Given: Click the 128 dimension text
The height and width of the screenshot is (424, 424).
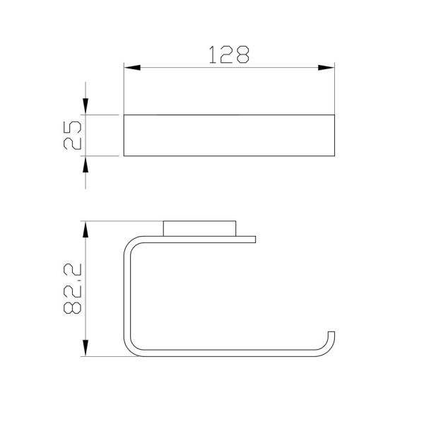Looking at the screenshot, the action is coord(229,54).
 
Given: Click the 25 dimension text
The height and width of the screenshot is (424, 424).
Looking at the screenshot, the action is coord(72,135).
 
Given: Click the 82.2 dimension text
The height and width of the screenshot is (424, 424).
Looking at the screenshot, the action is coord(72,288).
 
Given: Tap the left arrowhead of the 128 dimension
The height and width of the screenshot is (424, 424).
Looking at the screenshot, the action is coord(132,68).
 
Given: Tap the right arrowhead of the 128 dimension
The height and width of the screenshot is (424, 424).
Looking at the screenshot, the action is coord(326,68).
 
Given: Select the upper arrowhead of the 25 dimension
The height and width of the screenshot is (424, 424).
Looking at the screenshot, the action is coord(86,107).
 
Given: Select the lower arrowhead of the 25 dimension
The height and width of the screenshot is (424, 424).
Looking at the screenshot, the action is coord(86,165).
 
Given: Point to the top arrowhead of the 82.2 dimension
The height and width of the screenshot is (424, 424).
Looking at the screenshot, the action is coord(86,229).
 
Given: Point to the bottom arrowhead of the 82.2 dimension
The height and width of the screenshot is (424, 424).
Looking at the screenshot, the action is coord(86,348).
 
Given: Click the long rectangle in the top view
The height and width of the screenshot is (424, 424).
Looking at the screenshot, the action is coord(229,136).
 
